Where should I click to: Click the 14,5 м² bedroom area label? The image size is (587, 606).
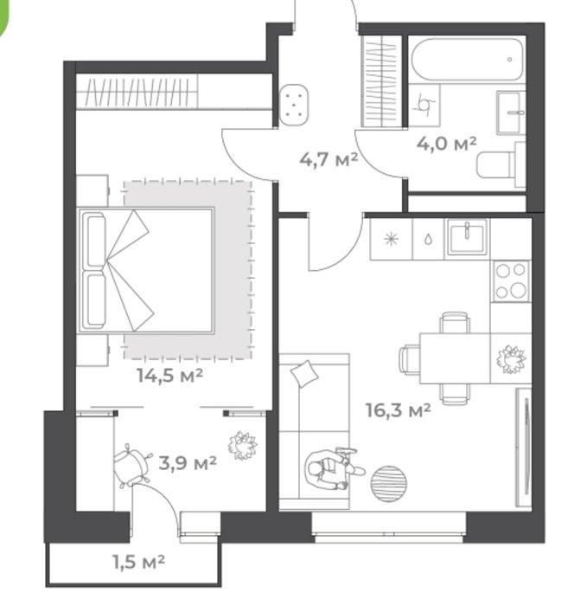tap(169, 375)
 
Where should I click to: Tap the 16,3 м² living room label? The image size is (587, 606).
tap(398, 410)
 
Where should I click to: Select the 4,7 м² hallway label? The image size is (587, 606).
tap(329, 159)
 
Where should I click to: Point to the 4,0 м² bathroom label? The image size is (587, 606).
tap(447, 144)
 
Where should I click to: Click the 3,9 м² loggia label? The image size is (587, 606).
tap(188, 462)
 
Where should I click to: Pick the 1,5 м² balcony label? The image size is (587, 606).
tap(139, 562)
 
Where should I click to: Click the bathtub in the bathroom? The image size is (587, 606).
tap(468, 59)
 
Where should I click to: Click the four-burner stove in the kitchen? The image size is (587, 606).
tap(511, 281)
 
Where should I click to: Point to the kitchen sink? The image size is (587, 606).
tap(467, 236)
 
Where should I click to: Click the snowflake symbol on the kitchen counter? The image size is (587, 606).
tap(392, 240)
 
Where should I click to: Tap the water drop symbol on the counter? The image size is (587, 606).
tap(428, 240)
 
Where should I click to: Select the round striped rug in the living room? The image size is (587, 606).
tap(389, 484)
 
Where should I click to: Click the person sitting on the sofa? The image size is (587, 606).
tap(332, 469)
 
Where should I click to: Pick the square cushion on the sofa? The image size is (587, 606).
tap(305, 373)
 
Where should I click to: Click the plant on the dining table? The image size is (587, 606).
tap(511, 358)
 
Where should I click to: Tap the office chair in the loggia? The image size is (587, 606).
tap(131, 466)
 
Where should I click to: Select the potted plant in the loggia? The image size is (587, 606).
tap(243, 446)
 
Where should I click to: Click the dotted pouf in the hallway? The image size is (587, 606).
tap(294, 105)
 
